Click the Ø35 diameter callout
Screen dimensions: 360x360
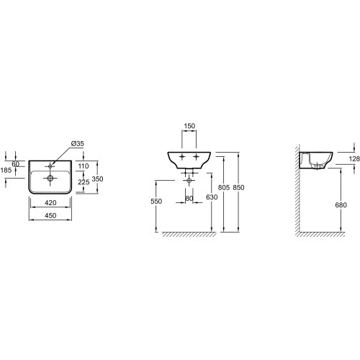(x=78, y=143)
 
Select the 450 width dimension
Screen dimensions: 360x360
(x=50, y=215)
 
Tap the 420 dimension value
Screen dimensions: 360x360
(x=50, y=203)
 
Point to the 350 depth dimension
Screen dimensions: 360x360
(x=97, y=179)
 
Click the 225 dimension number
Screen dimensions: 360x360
(x=84, y=182)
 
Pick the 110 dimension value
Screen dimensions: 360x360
(x=84, y=166)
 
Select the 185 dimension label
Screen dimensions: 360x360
(x=6, y=170)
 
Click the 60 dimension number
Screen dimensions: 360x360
(x=16, y=164)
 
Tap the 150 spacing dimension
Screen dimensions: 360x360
(x=189, y=126)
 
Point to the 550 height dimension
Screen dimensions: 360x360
(x=156, y=201)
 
